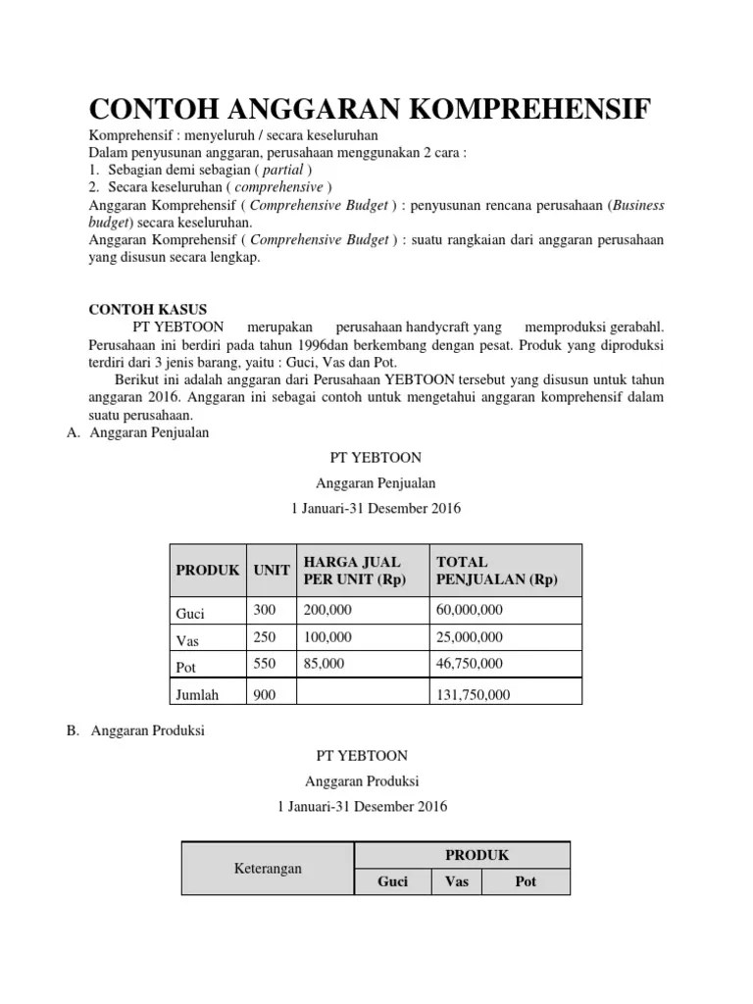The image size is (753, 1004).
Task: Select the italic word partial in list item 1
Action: coord(281,170)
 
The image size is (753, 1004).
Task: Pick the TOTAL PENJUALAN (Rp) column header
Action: coord(496,570)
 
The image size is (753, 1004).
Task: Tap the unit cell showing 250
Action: coord(265,637)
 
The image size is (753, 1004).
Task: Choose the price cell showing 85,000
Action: coord(324,664)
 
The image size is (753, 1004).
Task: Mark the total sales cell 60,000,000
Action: coord(470,610)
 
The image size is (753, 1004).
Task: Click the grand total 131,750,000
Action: coord(473,695)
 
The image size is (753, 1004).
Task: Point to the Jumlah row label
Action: coord(197,695)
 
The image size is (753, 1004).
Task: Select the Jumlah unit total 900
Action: coord(265,695)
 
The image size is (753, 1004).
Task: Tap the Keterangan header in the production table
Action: coord(268,868)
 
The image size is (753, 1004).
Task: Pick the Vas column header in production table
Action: coord(457,881)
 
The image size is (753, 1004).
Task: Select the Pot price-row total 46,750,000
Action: coord(470,664)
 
